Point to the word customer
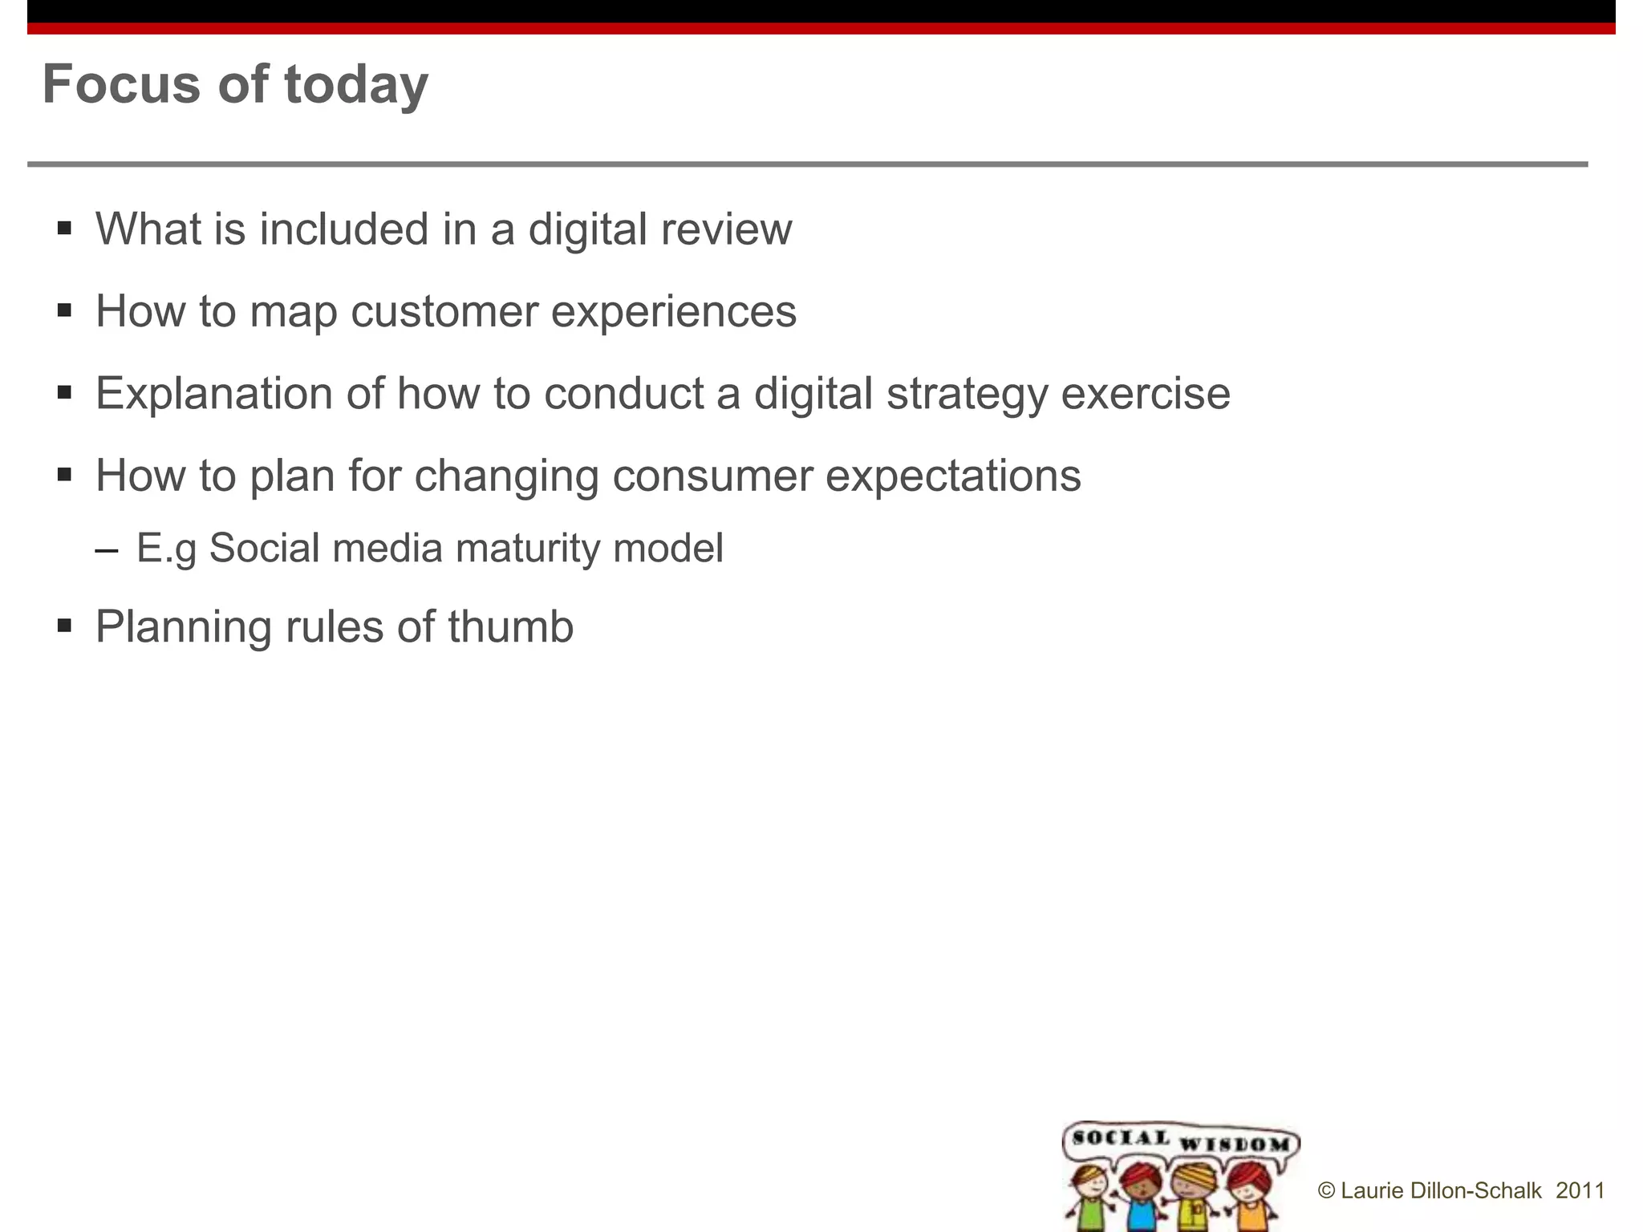(444, 311)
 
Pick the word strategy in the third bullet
(967, 395)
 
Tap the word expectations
(953, 476)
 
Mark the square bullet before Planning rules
(65, 625)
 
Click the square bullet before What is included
(65, 229)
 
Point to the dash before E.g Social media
(106, 551)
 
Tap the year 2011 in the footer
(1580, 1190)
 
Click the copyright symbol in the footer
(1326, 1191)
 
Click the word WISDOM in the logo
(1235, 1144)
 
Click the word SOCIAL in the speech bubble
(1121, 1137)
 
